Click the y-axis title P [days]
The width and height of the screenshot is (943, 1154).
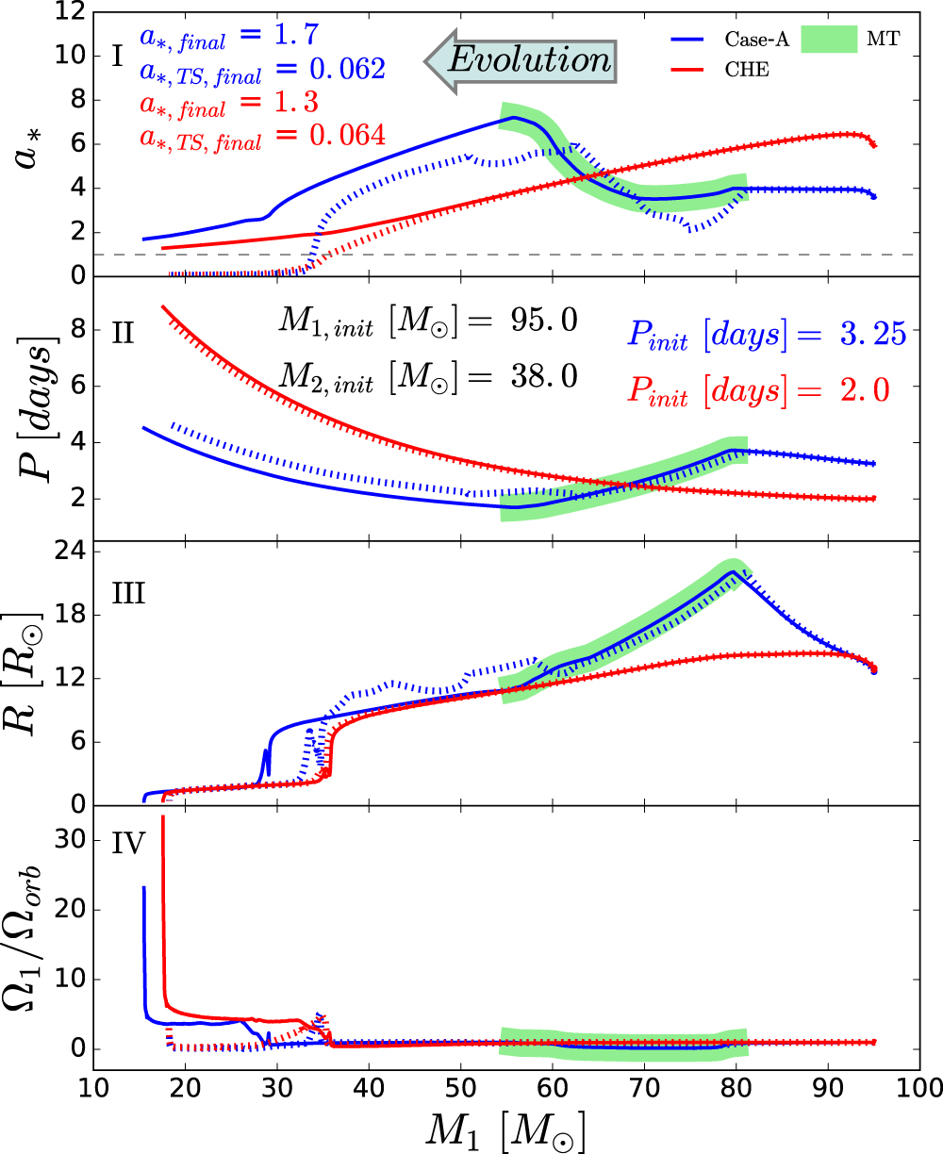pos(34,407)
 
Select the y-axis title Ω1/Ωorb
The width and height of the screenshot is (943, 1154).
pos(34,934)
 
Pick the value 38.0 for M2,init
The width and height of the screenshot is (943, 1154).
pos(536,377)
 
